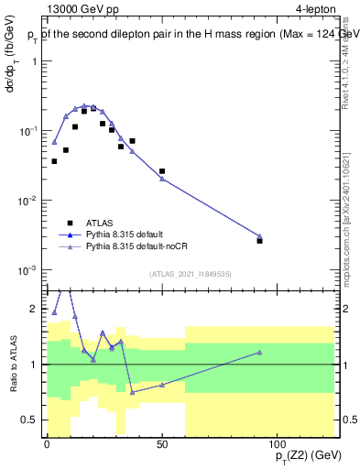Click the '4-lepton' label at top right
(x=312, y=11)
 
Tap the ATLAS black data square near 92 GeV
(x=260, y=241)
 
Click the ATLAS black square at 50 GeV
(x=162, y=171)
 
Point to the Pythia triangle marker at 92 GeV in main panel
(x=260, y=236)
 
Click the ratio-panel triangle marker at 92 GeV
(x=260, y=353)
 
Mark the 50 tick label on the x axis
(x=162, y=444)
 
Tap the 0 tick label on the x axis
(x=47, y=444)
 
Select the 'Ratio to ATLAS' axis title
(x=13, y=364)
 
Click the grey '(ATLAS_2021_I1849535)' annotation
(x=190, y=273)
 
